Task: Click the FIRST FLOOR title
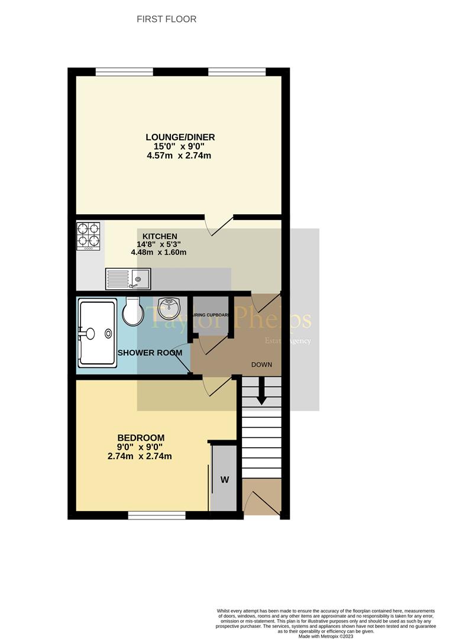pyautogui.click(x=166, y=20)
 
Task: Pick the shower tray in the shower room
pyautogui.click(x=96, y=333)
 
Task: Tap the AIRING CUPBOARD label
pyautogui.click(x=210, y=315)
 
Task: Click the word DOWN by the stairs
pyautogui.click(x=261, y=364)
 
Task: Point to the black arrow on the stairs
pyautogui.click(x=260, y=400)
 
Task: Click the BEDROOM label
pyautogui.click(x=141, y=438)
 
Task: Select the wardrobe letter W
pyautogui.click(x=225, y=480)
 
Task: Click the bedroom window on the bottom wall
pyautogui.click(x=157, y=516)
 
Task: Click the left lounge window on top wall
pyautogui.click(x=124, y=72)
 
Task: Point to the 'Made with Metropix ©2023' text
pyautogui.click(x=326, y=636)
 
